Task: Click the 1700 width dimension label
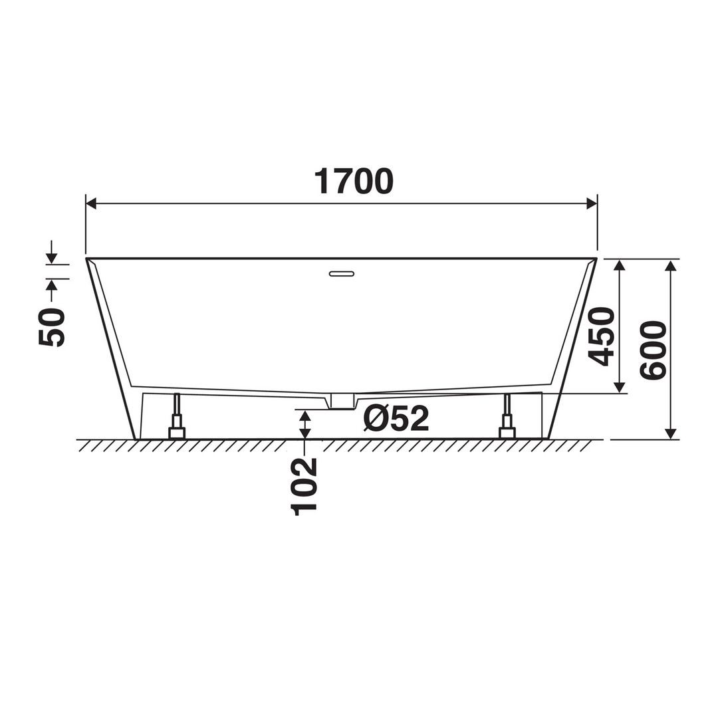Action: click(354, 181)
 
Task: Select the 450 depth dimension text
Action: click(601, 336)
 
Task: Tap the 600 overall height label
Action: click(653, 350)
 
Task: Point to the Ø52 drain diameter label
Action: click(396, 418)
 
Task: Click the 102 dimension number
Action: click(304, 486)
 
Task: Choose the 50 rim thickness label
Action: click(52, 327)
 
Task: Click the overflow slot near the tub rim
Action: click(342, 274)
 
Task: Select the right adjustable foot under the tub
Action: click(507, 416)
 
